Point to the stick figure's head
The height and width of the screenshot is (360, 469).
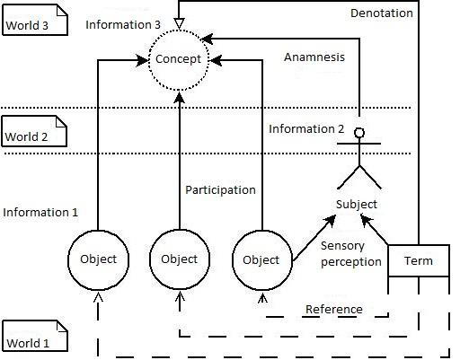tap(359, 133)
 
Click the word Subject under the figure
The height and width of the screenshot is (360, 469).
tap(357, 205)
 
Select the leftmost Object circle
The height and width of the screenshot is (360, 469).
tap(68, 260)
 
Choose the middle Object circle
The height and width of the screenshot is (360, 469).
tap(149, 259)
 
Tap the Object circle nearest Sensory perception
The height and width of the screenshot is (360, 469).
tap(233, 260)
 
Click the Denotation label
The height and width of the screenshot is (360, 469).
tap(382, 13)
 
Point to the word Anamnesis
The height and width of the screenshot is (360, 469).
tap(314, 57)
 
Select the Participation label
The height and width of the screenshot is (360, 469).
tap(220, 190)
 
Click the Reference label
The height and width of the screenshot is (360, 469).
tap(334, 309)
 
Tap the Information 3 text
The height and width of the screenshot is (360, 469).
tap(123, 24)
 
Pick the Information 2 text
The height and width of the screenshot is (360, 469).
tap(306, 129)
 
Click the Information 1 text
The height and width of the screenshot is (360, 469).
tap(40, 212)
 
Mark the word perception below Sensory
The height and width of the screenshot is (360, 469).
tap(351, 262)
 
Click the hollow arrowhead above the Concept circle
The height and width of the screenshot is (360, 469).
tap(179, 23)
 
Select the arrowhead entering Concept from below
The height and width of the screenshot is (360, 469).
tap(180, 97)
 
